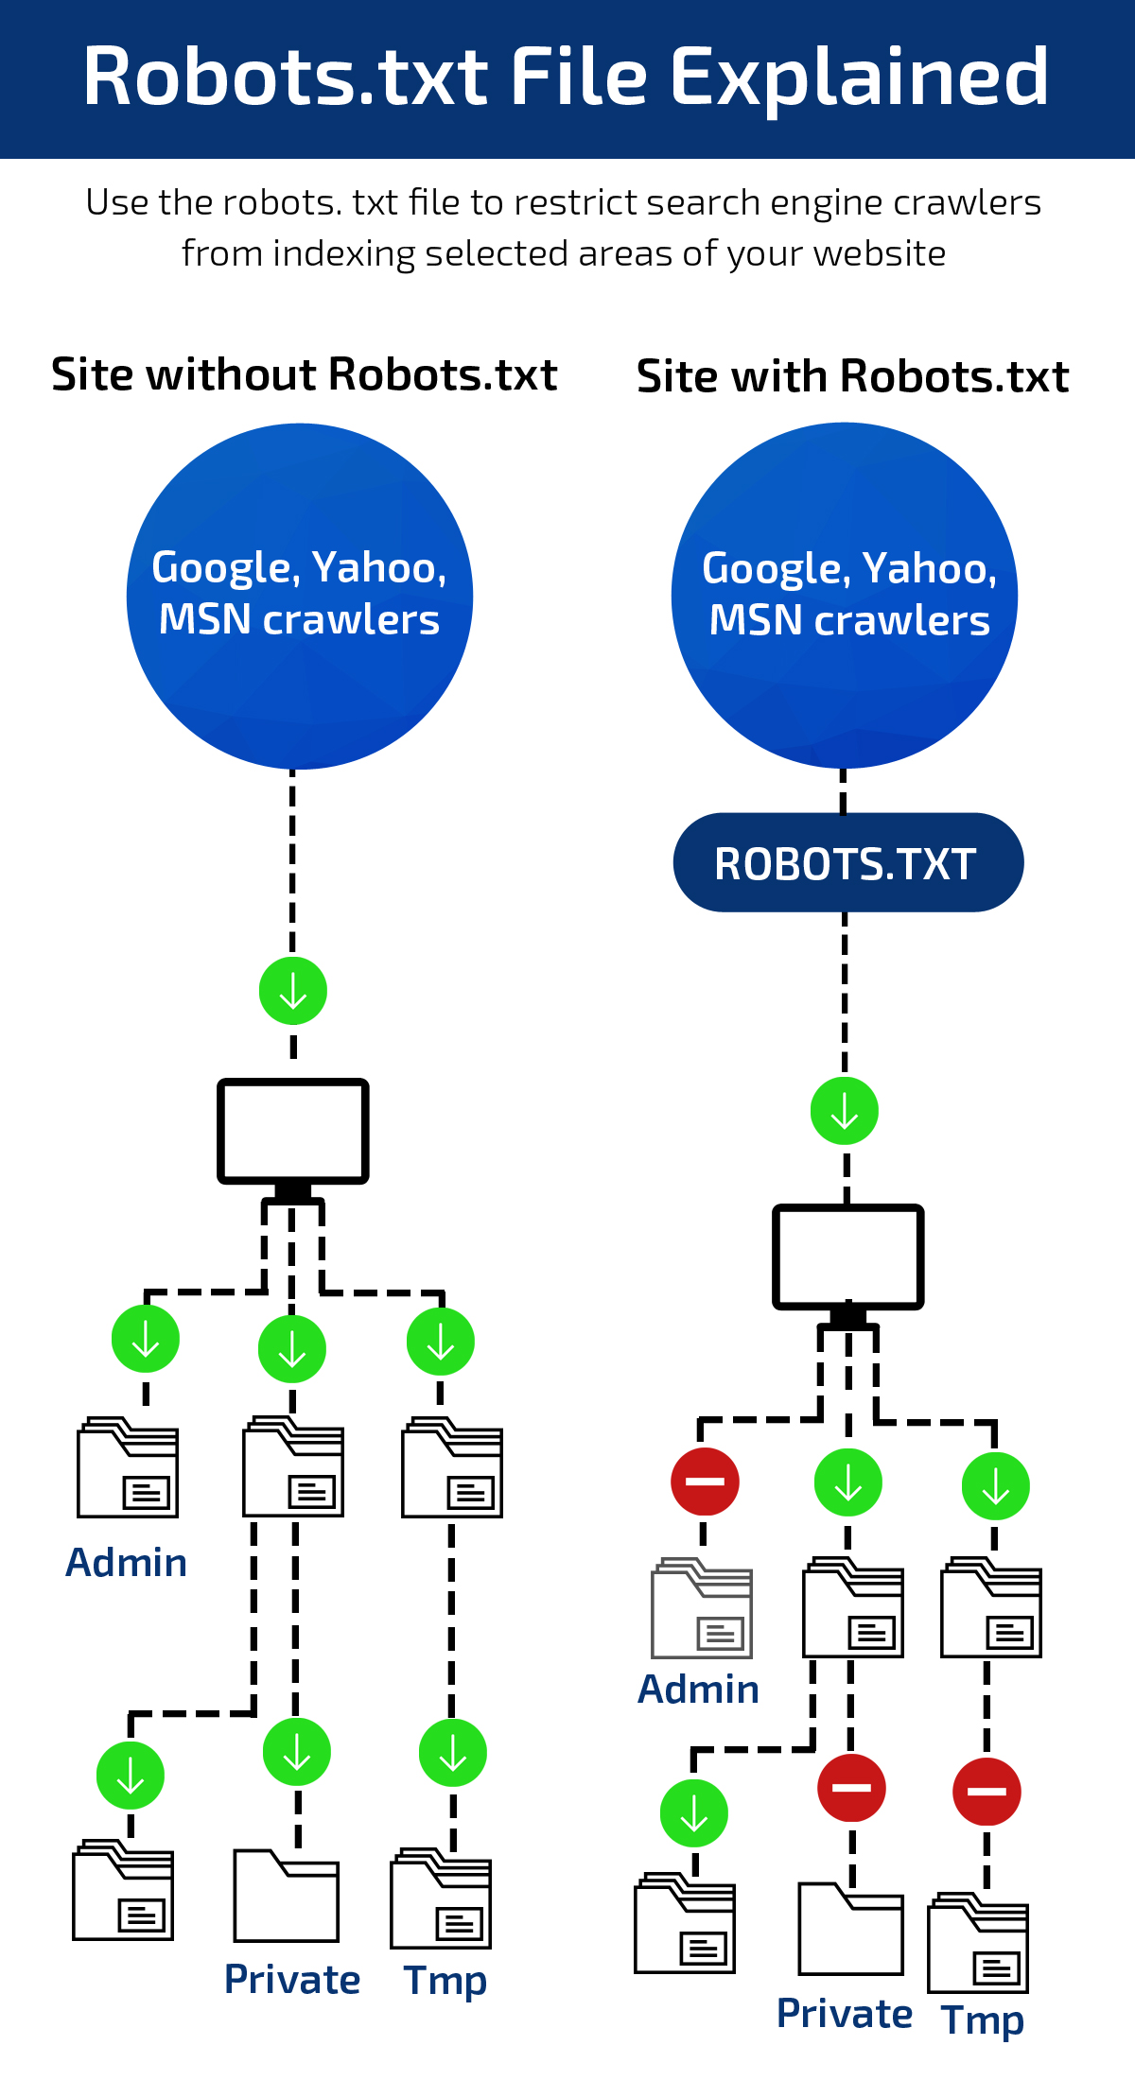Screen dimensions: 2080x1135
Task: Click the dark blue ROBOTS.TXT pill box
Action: tap(847, 863)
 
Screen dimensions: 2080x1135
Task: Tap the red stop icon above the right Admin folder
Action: tap(705, 1481)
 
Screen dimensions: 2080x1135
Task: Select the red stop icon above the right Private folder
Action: tap(851, 1787)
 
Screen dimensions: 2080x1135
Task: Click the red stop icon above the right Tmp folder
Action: tap(987, 1791)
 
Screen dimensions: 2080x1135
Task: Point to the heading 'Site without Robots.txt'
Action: tap(304, 374)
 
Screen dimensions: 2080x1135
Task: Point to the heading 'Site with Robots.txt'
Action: tap(852, 376)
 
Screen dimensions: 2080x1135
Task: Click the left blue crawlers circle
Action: tap(299, 596)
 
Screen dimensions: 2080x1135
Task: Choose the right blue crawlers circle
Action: tap(845, 596)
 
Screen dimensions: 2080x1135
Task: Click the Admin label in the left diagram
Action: tap(126, 1563)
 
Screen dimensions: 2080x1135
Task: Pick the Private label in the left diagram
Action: tap(291, 1980)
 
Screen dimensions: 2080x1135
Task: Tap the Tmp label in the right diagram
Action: tap(983, 2019)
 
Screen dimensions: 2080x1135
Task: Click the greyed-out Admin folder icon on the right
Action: tap(702, 1608)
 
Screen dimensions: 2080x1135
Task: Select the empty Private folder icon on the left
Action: tap(286, 1896)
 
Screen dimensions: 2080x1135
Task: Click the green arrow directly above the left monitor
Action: tap(293, 991)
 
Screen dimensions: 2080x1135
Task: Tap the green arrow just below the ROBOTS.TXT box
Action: tap(845, 1111)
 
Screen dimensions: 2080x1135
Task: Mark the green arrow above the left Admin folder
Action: tap(146, 1339)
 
